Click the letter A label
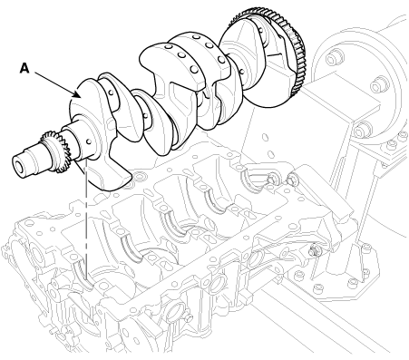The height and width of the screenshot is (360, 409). coord(24,68)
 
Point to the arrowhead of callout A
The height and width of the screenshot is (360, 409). coord(77,95)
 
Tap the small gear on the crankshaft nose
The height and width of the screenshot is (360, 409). coord(57,151)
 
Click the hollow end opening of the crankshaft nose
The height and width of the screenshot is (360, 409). coord(18,166)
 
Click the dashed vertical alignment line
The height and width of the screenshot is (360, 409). coord(86,218)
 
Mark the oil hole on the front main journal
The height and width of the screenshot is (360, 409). coord(89,141)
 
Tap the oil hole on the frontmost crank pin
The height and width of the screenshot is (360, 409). coord(111,92)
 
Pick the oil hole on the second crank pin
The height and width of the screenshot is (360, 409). coord(146,115)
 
